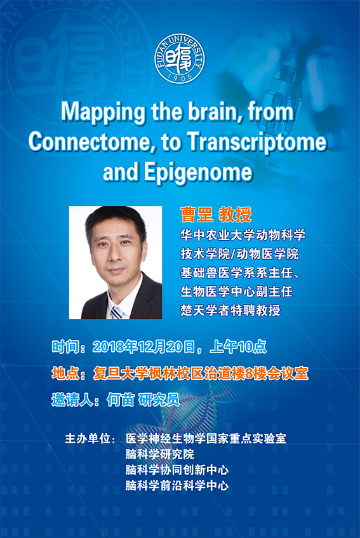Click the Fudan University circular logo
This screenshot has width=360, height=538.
179,58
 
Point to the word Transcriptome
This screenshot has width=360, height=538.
257,142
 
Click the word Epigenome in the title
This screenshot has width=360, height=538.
198,173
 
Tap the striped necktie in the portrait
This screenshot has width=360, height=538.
117,313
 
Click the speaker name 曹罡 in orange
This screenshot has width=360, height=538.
196,215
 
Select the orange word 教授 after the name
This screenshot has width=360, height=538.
235,215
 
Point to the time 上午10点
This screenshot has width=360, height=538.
238,347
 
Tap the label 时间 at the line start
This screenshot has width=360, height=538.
65,347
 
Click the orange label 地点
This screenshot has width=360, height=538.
65,373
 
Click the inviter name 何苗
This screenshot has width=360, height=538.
120,400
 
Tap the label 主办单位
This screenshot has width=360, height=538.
87,438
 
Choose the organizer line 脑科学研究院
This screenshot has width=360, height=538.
160,454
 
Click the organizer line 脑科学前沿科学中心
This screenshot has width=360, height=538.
177,485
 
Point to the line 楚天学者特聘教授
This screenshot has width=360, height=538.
230,310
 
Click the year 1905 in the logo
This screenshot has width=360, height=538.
180,77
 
